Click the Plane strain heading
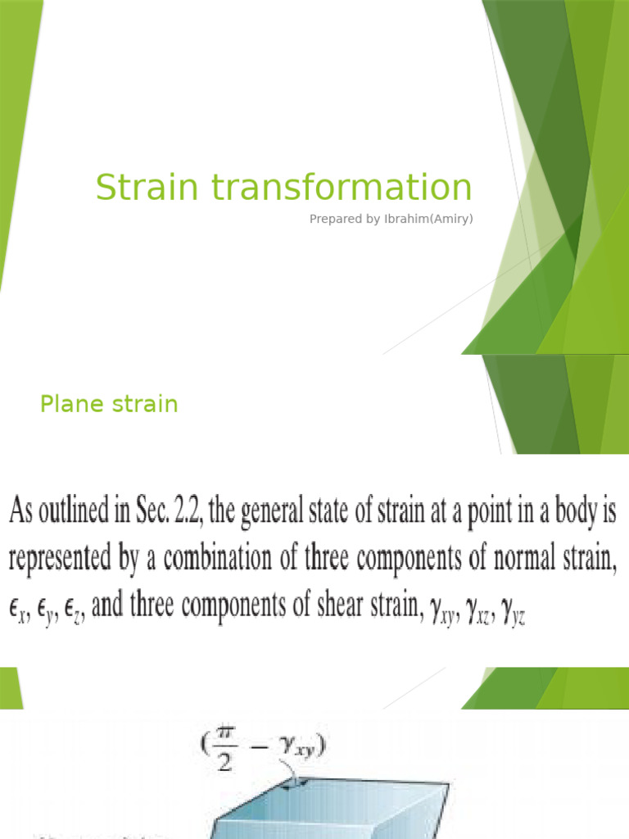[x=109, y=405]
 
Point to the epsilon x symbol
[x=20, y=612]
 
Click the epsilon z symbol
[x=74, y=612]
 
